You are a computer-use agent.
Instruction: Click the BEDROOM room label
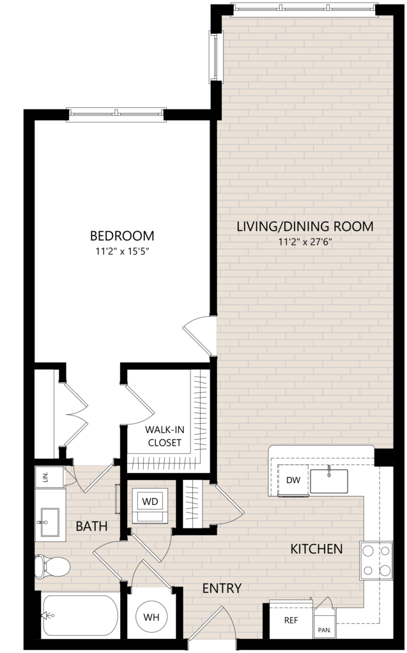[x=122, y=236]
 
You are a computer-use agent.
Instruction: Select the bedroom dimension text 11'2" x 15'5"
[x=122, y=251]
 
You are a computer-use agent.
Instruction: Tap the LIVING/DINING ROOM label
[x=305, y=227]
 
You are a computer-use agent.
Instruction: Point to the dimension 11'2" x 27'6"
[x=305, y=242]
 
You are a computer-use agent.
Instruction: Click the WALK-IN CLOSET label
[x=165, y=436]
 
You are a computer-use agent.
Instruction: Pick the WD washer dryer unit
[x=150, y=505]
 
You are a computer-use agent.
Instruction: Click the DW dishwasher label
[x=293, y=480]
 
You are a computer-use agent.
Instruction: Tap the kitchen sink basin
[x=329, y=481]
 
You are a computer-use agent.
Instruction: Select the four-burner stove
[x=376, y=560]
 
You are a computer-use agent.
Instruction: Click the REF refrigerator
[x=291, y=620]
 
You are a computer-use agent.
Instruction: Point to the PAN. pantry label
[x=324, y=630]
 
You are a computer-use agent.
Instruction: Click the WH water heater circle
[x=151, y=617]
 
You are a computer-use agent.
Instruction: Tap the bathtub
[x=80, y=615]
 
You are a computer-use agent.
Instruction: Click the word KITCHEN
[x=316, y=549]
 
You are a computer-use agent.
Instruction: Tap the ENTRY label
[x=222, y=588]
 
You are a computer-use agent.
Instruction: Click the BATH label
[x=92, y=527]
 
